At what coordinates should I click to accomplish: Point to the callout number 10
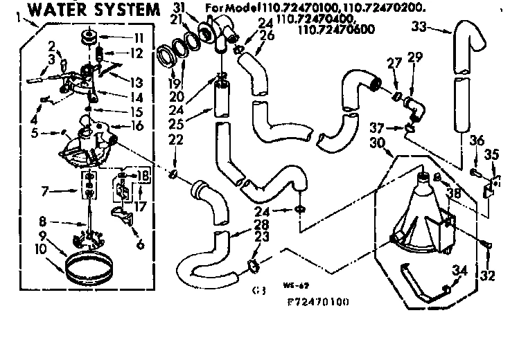[41, 246]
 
